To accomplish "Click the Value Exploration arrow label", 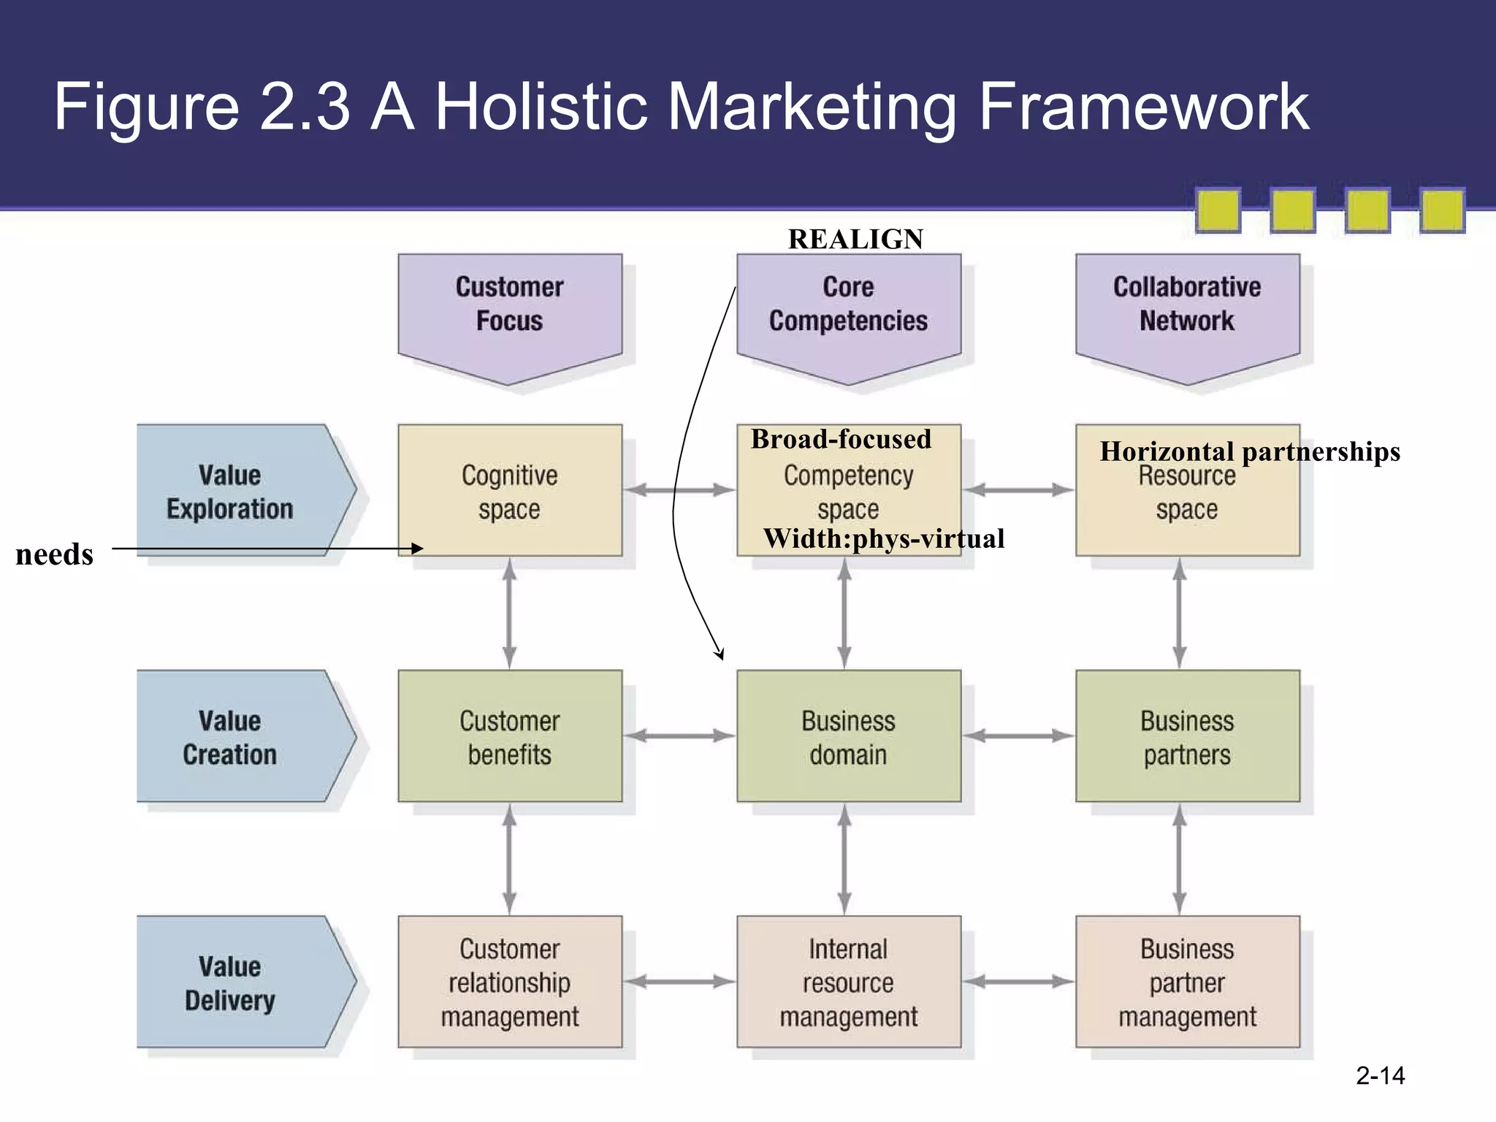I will [230, 492].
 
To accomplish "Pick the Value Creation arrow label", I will [230, 737].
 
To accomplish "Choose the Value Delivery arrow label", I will [230, 982].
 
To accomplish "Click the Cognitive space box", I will [510, 492].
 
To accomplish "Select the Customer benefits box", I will [510, 737].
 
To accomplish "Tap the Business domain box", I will [848, 737].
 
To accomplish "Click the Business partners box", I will [1187, 737].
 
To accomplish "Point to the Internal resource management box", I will [848, 982].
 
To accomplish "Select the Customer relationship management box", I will [510, 982].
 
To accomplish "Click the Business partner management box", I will [1187, 982].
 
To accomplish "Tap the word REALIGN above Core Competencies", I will [855, 240].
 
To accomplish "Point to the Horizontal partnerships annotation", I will [1249, 452].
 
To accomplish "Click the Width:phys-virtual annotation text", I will [884, 539].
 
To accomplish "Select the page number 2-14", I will [1380, 1075].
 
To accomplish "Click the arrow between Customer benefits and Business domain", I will [679, 736].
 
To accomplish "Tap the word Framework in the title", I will [1143, 108].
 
